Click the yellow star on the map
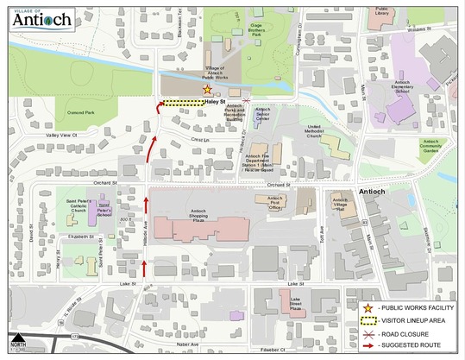coord(206,88)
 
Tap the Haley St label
coord(216,102)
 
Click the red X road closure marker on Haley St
coord(248,101)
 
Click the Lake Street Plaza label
coord(301,301)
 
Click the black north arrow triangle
coord(17,338)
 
